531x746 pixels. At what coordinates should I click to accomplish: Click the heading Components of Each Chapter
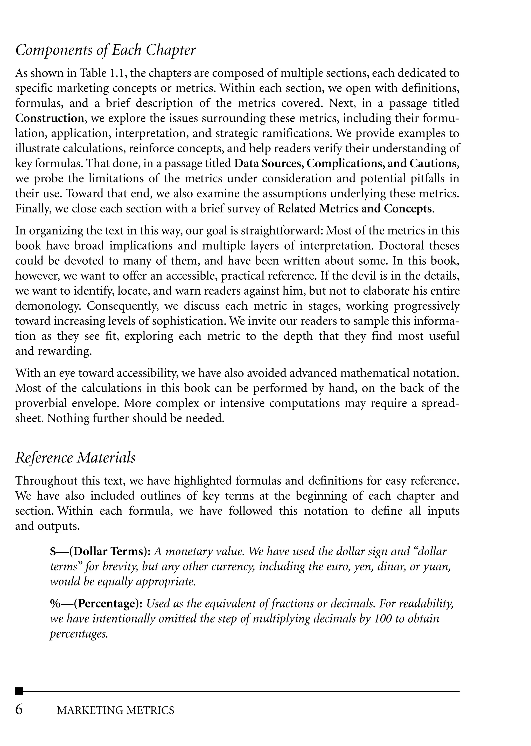pyautogui.click(x=105, y=50)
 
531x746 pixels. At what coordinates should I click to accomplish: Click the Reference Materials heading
pyautogui.click(x=75, y=458)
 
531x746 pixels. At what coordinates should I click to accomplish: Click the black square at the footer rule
pyautogui.click(x=19, y=691)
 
